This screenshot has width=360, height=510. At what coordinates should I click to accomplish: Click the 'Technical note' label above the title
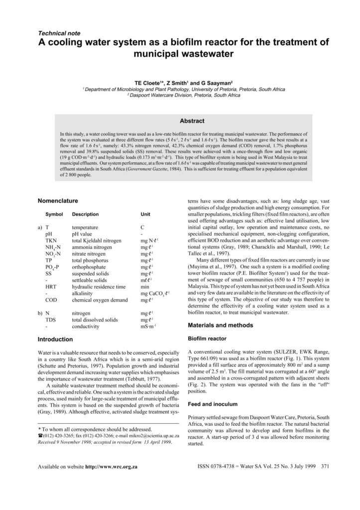tap(59, 33)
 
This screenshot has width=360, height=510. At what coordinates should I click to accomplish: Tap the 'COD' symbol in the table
tap(51, 301)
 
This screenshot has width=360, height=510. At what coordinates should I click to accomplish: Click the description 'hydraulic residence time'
tap(99, 287)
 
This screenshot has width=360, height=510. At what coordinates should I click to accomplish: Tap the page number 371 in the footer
tap(326, 468)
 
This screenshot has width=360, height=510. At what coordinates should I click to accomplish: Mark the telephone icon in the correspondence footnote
tap(40, 435)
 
